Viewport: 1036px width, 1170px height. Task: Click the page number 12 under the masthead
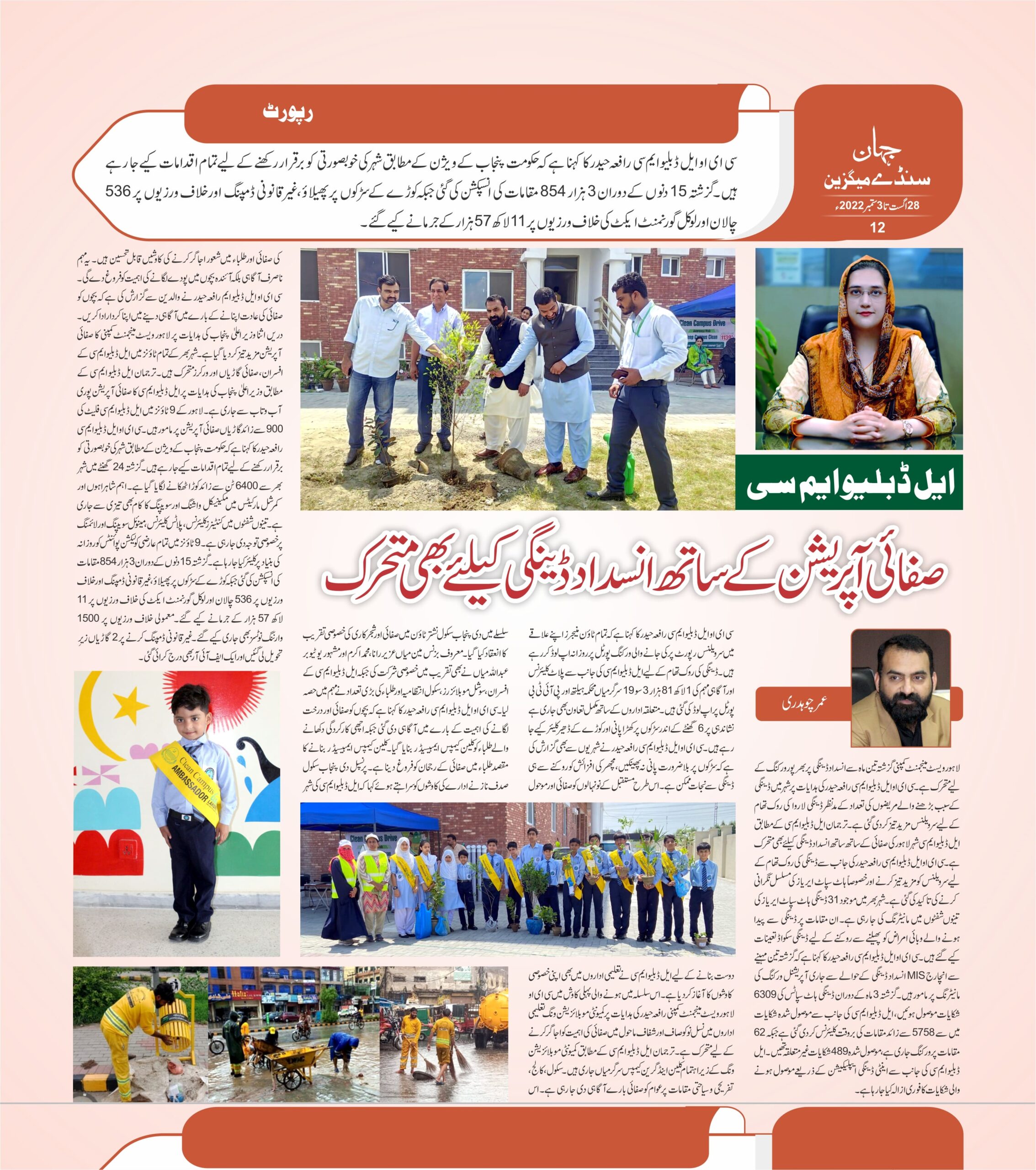click(x=877, y=227)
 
